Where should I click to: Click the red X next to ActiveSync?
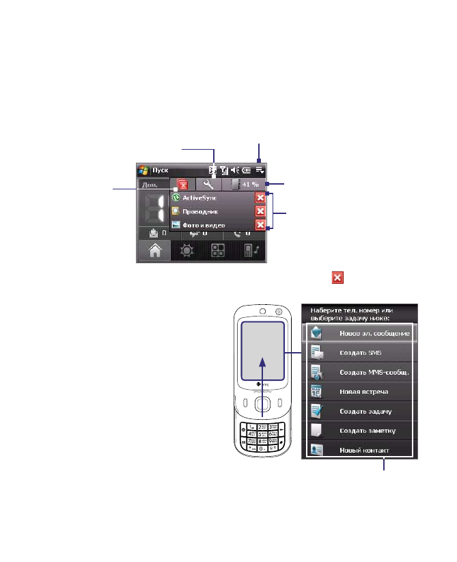(x=260, y=198)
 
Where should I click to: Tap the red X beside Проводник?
(x=260, y=211)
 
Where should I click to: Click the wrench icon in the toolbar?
(x=209, y=184)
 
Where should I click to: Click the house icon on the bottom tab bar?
(x=155, y=251)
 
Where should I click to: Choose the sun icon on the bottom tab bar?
(x=186, y=251)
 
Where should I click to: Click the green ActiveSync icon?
(x=176, y=197)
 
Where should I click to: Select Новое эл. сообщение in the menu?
(x=374, y=333)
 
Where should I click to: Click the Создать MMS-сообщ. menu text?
(x=374, y=372)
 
